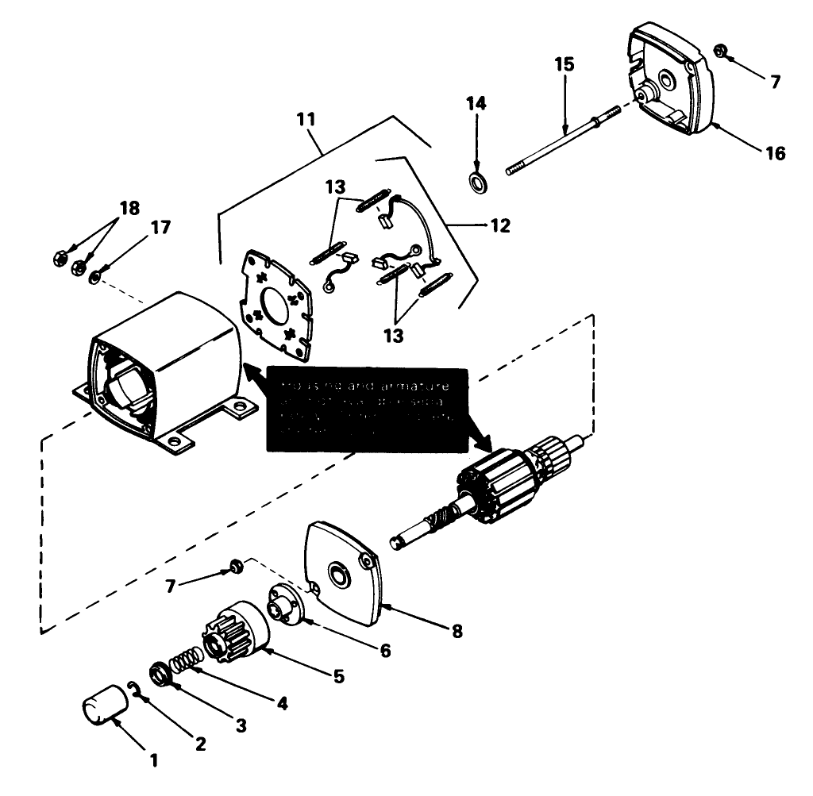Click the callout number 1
(x=154, y=759)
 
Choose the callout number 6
(x=385, y=650)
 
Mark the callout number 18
(x=129, y=209)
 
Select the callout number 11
(x=306, y=121)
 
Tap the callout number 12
(x=500, y=225)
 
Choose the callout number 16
(x=776, y=152)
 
